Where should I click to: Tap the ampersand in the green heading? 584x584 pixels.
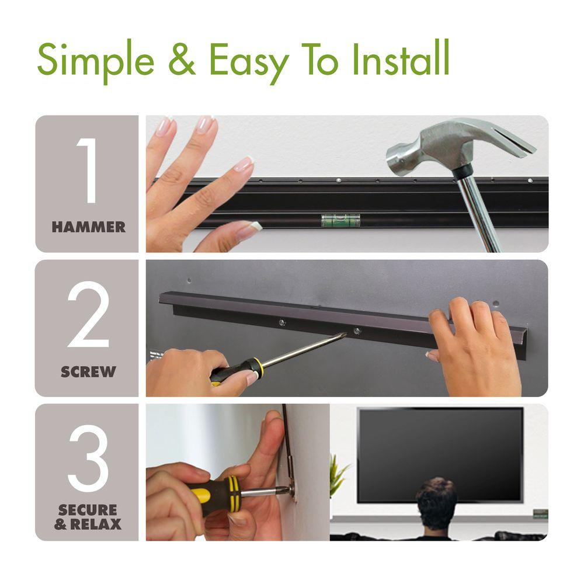(x=182, y=59)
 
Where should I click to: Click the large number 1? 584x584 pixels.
(x=88, y=170)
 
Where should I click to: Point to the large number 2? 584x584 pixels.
(x=88, y=314)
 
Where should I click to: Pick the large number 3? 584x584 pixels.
(x=88, y=458)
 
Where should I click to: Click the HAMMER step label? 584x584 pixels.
(x=89, y=227)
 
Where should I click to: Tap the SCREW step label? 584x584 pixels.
(x=89, y=371)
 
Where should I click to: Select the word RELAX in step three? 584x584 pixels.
(x=96, y=524)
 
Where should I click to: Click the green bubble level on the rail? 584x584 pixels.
(x=340, y=220)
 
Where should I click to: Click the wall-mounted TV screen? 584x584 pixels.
(x=440, y=454)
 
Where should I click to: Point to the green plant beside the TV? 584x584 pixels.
(x=338, y=475)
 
